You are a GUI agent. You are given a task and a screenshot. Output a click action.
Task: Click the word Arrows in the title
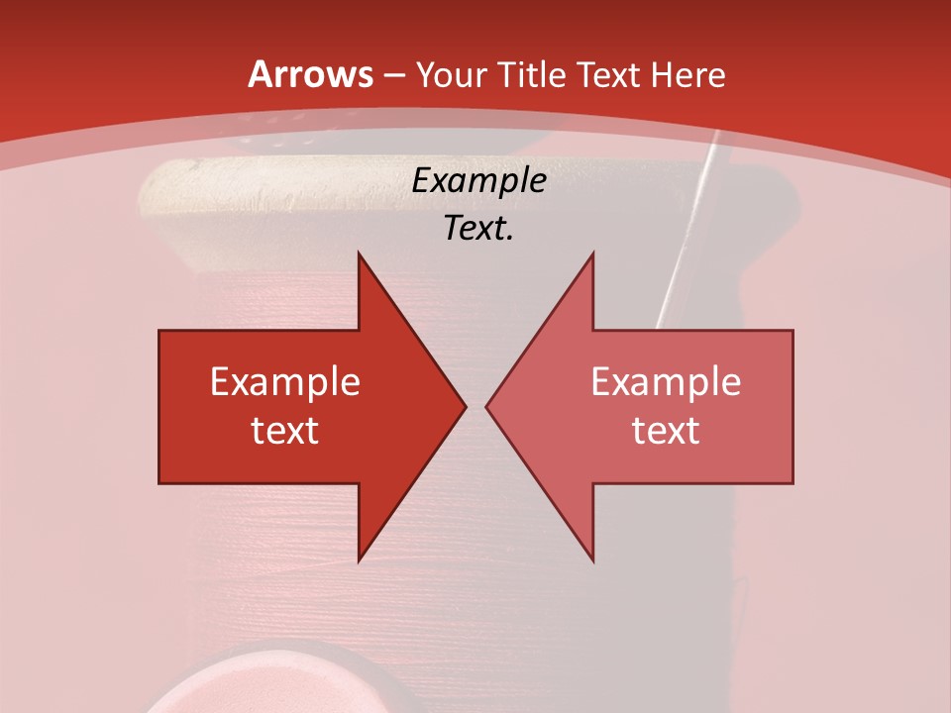[310, 74]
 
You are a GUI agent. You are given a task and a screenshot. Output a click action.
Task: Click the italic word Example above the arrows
[478, 180]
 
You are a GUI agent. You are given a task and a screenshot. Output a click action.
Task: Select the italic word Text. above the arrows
[478, 228]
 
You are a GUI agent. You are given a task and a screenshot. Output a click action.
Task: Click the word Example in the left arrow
[285, 382]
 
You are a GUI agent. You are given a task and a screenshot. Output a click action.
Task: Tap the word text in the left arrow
[285, 430]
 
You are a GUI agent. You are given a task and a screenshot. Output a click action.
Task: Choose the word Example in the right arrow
[666, 382]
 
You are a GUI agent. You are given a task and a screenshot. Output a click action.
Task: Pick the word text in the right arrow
[666, 430]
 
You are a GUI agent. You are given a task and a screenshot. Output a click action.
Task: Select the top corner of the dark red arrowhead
[359, 255]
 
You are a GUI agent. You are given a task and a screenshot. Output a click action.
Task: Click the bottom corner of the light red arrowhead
[592, 560]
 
